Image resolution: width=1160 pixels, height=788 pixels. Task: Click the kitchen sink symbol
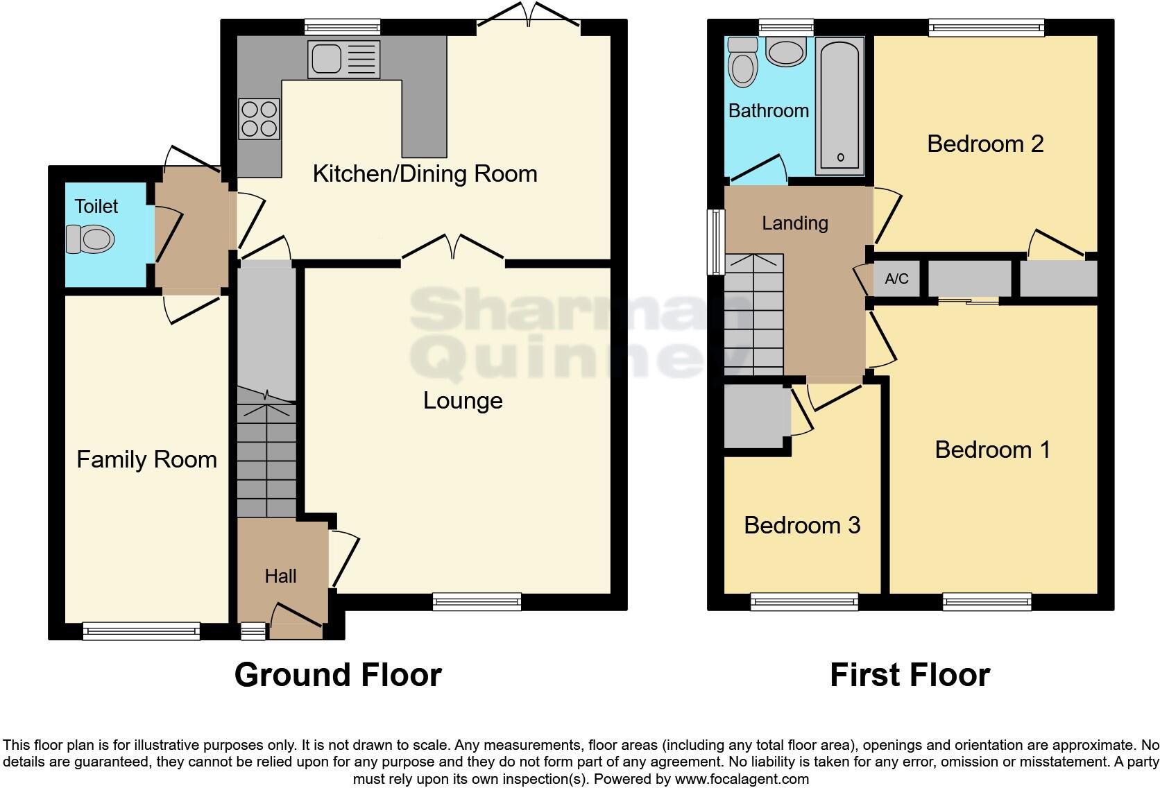[x=344, y=58]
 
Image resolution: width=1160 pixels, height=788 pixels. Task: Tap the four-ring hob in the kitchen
[x=259, y=119]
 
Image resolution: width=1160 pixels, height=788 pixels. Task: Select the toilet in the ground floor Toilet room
[x=90, y=240]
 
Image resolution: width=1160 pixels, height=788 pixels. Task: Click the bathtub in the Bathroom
[x=840, y=105]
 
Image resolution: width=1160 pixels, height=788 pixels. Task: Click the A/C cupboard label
[x=896, y=279]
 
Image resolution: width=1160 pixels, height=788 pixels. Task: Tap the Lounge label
[x=463, y=400]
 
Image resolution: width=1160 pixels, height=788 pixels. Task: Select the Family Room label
[x=146, y=459]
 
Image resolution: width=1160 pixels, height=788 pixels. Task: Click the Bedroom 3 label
[x=802, y=525]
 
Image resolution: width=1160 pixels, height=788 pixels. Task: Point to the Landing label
[x=795, y=223]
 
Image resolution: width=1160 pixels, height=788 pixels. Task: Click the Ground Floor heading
[x=338, y=674]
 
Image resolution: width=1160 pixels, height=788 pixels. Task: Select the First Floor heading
[x=910, y=674]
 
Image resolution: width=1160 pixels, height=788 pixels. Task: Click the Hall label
[x=280, y=576]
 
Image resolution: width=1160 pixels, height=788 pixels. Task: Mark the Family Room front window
[x=142, y=631]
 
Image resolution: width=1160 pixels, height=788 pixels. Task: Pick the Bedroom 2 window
[x=986, y=27]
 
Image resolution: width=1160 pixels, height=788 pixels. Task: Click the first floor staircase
[x=753, y=316]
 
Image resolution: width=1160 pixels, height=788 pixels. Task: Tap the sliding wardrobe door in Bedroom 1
[x=969, y=301]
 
